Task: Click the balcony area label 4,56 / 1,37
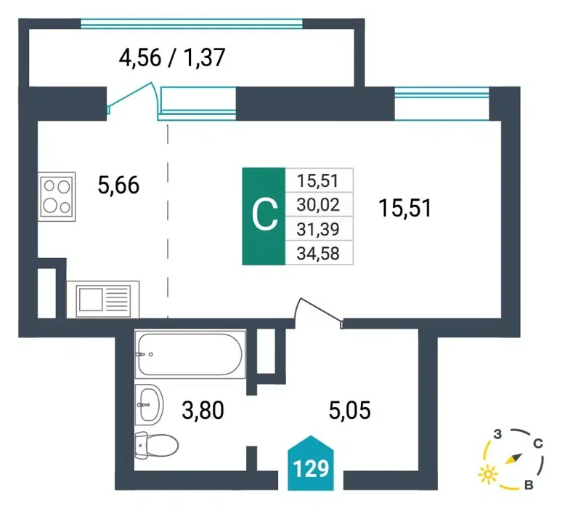coord(171,57)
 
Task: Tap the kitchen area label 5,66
coord(118,185)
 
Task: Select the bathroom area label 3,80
coord(203,410)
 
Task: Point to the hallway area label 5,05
coord(350,410)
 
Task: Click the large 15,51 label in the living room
coord(405,208)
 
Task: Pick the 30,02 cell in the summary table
coord(319,204)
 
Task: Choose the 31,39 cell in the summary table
coord(319,229)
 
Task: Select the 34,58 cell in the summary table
coord(319,254)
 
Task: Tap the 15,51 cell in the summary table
coord(319,180)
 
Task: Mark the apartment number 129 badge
coord(311,463)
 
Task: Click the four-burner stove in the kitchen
coord(57,197)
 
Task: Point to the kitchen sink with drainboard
coord(103,300)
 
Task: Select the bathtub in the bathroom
coord(190,354)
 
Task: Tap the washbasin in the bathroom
coord(150,404)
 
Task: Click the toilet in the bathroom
coord(157,445)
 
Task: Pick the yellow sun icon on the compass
coord(488,475)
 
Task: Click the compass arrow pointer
coord(513,459)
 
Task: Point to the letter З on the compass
coord(497,434)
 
